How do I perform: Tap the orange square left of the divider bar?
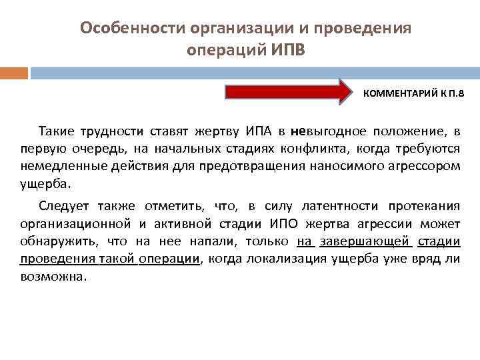pyautogui.click(x=13, y=73)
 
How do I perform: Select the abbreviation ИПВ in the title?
pyautogui.click(x=287, y=51)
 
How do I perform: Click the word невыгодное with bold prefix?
pyautogui.click(x=325, y=131)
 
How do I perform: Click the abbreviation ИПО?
pyautogui.click(x=285, y=223)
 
